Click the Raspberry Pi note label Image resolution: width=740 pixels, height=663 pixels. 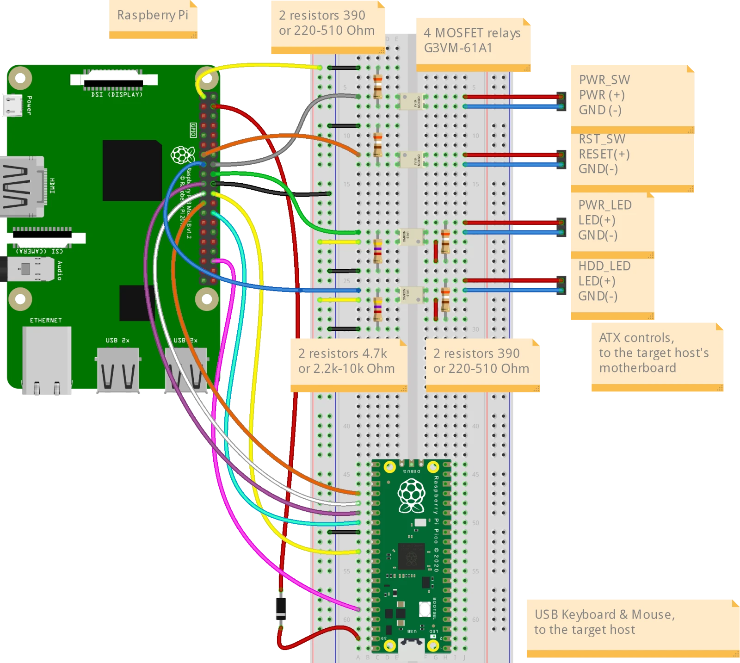153,15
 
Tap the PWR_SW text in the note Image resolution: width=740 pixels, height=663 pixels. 604,80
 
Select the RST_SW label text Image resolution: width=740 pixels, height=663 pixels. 602,139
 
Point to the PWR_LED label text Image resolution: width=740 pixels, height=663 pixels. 604,205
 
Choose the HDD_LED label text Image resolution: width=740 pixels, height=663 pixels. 604,266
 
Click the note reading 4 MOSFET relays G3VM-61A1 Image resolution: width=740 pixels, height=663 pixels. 472,40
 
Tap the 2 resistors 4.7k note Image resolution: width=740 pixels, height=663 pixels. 346,361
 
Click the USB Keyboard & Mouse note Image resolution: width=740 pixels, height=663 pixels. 604,622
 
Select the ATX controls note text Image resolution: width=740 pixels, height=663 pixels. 654,353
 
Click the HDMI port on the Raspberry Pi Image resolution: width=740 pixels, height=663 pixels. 23,186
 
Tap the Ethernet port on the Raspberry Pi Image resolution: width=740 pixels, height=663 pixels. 47,359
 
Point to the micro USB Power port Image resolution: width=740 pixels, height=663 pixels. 12,105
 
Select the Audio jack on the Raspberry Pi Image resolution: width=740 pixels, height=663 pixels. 28,269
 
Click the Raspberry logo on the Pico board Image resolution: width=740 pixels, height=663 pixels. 411,496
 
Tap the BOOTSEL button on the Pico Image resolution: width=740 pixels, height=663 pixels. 425,609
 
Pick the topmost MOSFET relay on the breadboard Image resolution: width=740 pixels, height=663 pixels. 411,101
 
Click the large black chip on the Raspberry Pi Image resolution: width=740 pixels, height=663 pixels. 132,170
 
